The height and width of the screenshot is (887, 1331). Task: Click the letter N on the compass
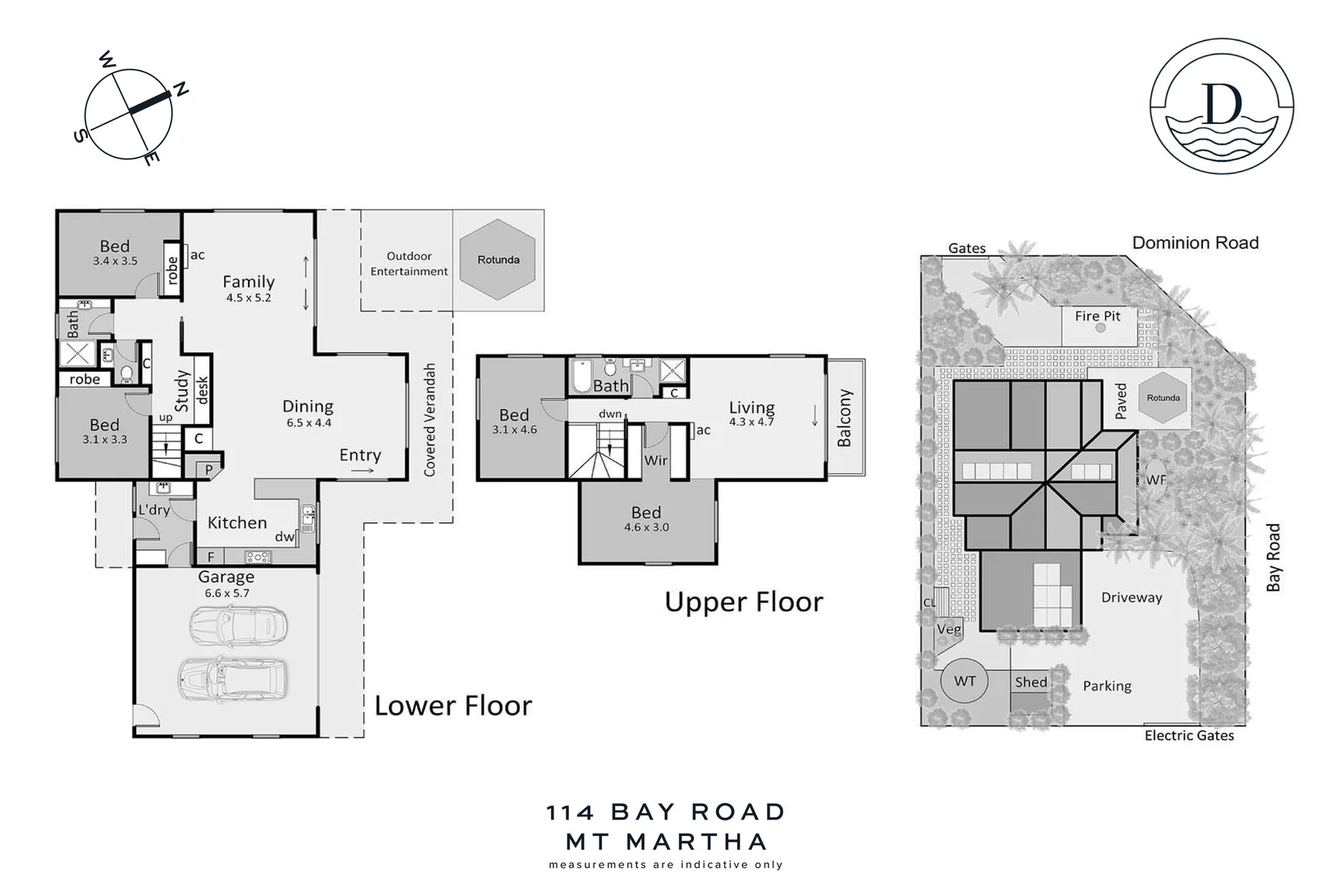click(181, 88)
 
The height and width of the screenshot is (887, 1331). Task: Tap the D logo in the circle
click(1221, 104)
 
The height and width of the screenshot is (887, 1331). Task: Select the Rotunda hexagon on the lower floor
click(498, 260)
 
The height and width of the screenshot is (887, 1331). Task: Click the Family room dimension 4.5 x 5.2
click(248, 298)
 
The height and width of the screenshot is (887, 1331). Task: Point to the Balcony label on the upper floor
click(844, 418)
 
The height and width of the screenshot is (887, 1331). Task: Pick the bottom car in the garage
click(232, 678)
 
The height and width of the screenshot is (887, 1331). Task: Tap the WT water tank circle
click(965, 681)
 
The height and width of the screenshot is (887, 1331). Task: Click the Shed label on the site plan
click(1030, 682)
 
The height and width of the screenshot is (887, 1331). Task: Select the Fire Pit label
click(1097, 316)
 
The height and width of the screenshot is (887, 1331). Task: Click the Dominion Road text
click(1195, 243)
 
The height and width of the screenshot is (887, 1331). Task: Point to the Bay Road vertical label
click(1273, 558)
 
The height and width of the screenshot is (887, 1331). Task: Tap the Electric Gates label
click(1189, 736)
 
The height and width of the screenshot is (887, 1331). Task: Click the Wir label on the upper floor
click(655, 461)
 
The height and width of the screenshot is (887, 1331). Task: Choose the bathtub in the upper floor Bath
click(582, 376)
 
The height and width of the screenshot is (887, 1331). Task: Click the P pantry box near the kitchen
click(209, 470)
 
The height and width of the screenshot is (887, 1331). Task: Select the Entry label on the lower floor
click(360, 455)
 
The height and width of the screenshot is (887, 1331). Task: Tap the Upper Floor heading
click(743, 602)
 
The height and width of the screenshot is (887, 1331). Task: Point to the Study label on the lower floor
click(182, 390)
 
